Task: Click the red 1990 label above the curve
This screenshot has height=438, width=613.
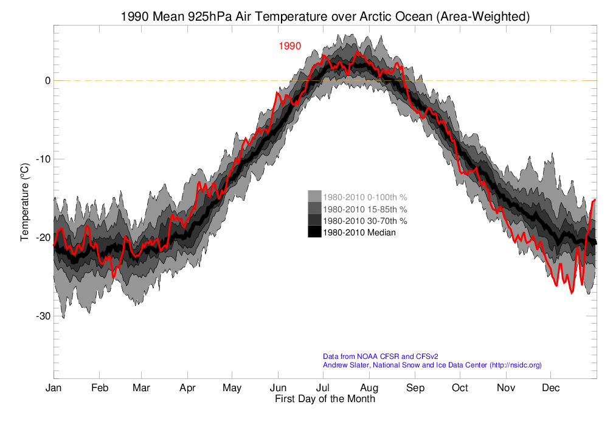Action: (290, 46)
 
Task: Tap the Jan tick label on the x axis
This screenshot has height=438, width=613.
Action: (54, 388)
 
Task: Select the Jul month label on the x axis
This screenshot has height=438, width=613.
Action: (323, 388)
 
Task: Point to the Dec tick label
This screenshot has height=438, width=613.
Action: (551, 388)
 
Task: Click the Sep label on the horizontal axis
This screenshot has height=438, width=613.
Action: (415, 388)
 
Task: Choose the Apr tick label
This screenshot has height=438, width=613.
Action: (187, 388)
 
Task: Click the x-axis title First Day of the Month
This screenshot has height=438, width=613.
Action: (325, 400)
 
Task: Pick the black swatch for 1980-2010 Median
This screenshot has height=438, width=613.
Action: (314, 232)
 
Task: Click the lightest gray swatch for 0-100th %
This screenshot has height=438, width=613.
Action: (314, 196)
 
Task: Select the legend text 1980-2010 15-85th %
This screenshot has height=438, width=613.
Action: (365, 209)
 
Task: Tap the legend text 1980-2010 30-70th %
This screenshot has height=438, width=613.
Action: (365, 220)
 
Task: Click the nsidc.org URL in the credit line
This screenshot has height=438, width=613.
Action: (515, 365)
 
